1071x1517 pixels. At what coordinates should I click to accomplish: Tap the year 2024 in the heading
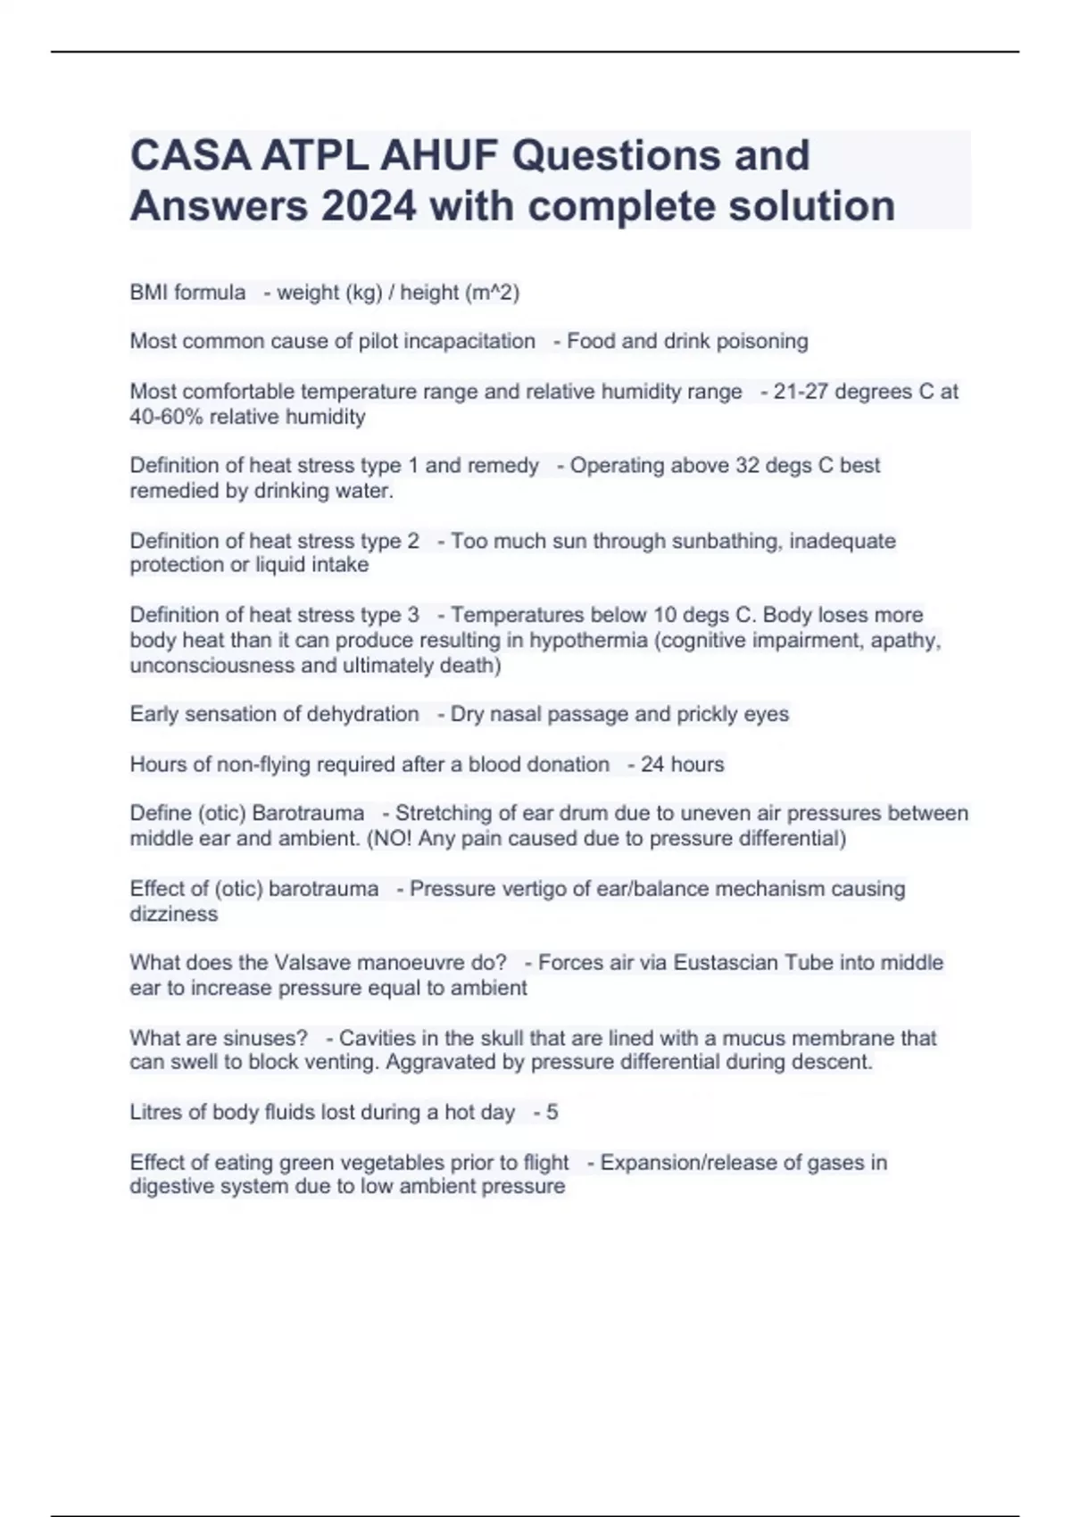click(x=368, y=206)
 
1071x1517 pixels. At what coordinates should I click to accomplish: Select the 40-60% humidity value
click(x=166, y=417)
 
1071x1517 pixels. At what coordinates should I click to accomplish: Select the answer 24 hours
click(x=682, y=765)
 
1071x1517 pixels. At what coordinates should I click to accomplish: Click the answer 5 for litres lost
click(x=552, y=1112)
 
